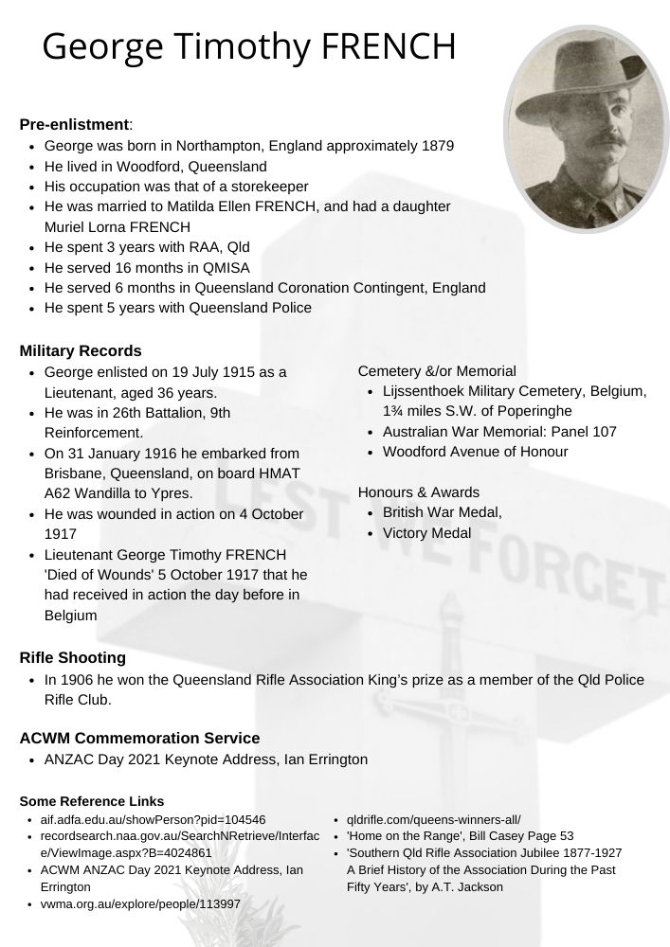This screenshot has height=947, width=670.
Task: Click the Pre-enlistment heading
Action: click(75, 124)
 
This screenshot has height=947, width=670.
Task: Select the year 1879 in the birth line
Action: click(436, 146)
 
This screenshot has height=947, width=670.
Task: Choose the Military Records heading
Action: click(81, 351)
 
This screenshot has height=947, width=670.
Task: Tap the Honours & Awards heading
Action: click(418, 492)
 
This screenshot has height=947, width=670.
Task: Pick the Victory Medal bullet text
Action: click(426, 533)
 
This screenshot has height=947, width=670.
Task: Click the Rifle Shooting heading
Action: click(72, 657)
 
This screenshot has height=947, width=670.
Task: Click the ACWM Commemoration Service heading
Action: click(139, 738)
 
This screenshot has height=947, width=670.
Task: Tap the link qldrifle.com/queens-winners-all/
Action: click(433, 819)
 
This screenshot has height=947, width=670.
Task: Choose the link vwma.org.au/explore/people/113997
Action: click(139, 904)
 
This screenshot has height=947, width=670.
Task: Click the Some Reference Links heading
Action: click(91, 801)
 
